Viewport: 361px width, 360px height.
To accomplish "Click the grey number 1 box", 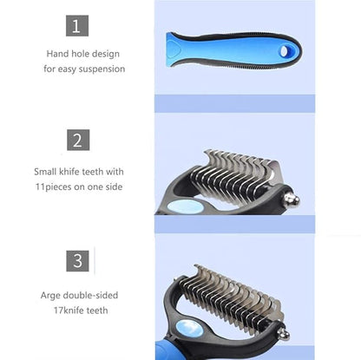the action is click(x=77, y=26).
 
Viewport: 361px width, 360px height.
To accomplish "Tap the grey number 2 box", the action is click(x=78, y=140).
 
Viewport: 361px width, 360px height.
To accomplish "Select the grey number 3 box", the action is click(x=77, y=261).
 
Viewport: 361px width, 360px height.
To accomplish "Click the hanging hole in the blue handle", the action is click(x=285, y=51).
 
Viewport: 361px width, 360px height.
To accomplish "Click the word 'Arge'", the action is click(x=50, y=296).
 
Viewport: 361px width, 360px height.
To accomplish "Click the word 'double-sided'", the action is click(x=90, y=295).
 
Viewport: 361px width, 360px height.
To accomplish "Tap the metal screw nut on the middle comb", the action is click(x=291, y=200).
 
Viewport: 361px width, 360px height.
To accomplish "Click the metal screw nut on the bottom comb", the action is click(x=283, y=334).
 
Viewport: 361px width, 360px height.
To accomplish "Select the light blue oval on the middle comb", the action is click(x=185, y=207).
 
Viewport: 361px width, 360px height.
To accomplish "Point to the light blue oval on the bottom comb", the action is click(x=189, y=329).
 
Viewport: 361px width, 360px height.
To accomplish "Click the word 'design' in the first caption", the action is click(x=107, y=54).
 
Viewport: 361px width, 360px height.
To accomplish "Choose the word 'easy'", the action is click(x=67, y=69).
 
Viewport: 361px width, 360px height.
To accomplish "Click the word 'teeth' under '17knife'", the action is click(x=97, y=311).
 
